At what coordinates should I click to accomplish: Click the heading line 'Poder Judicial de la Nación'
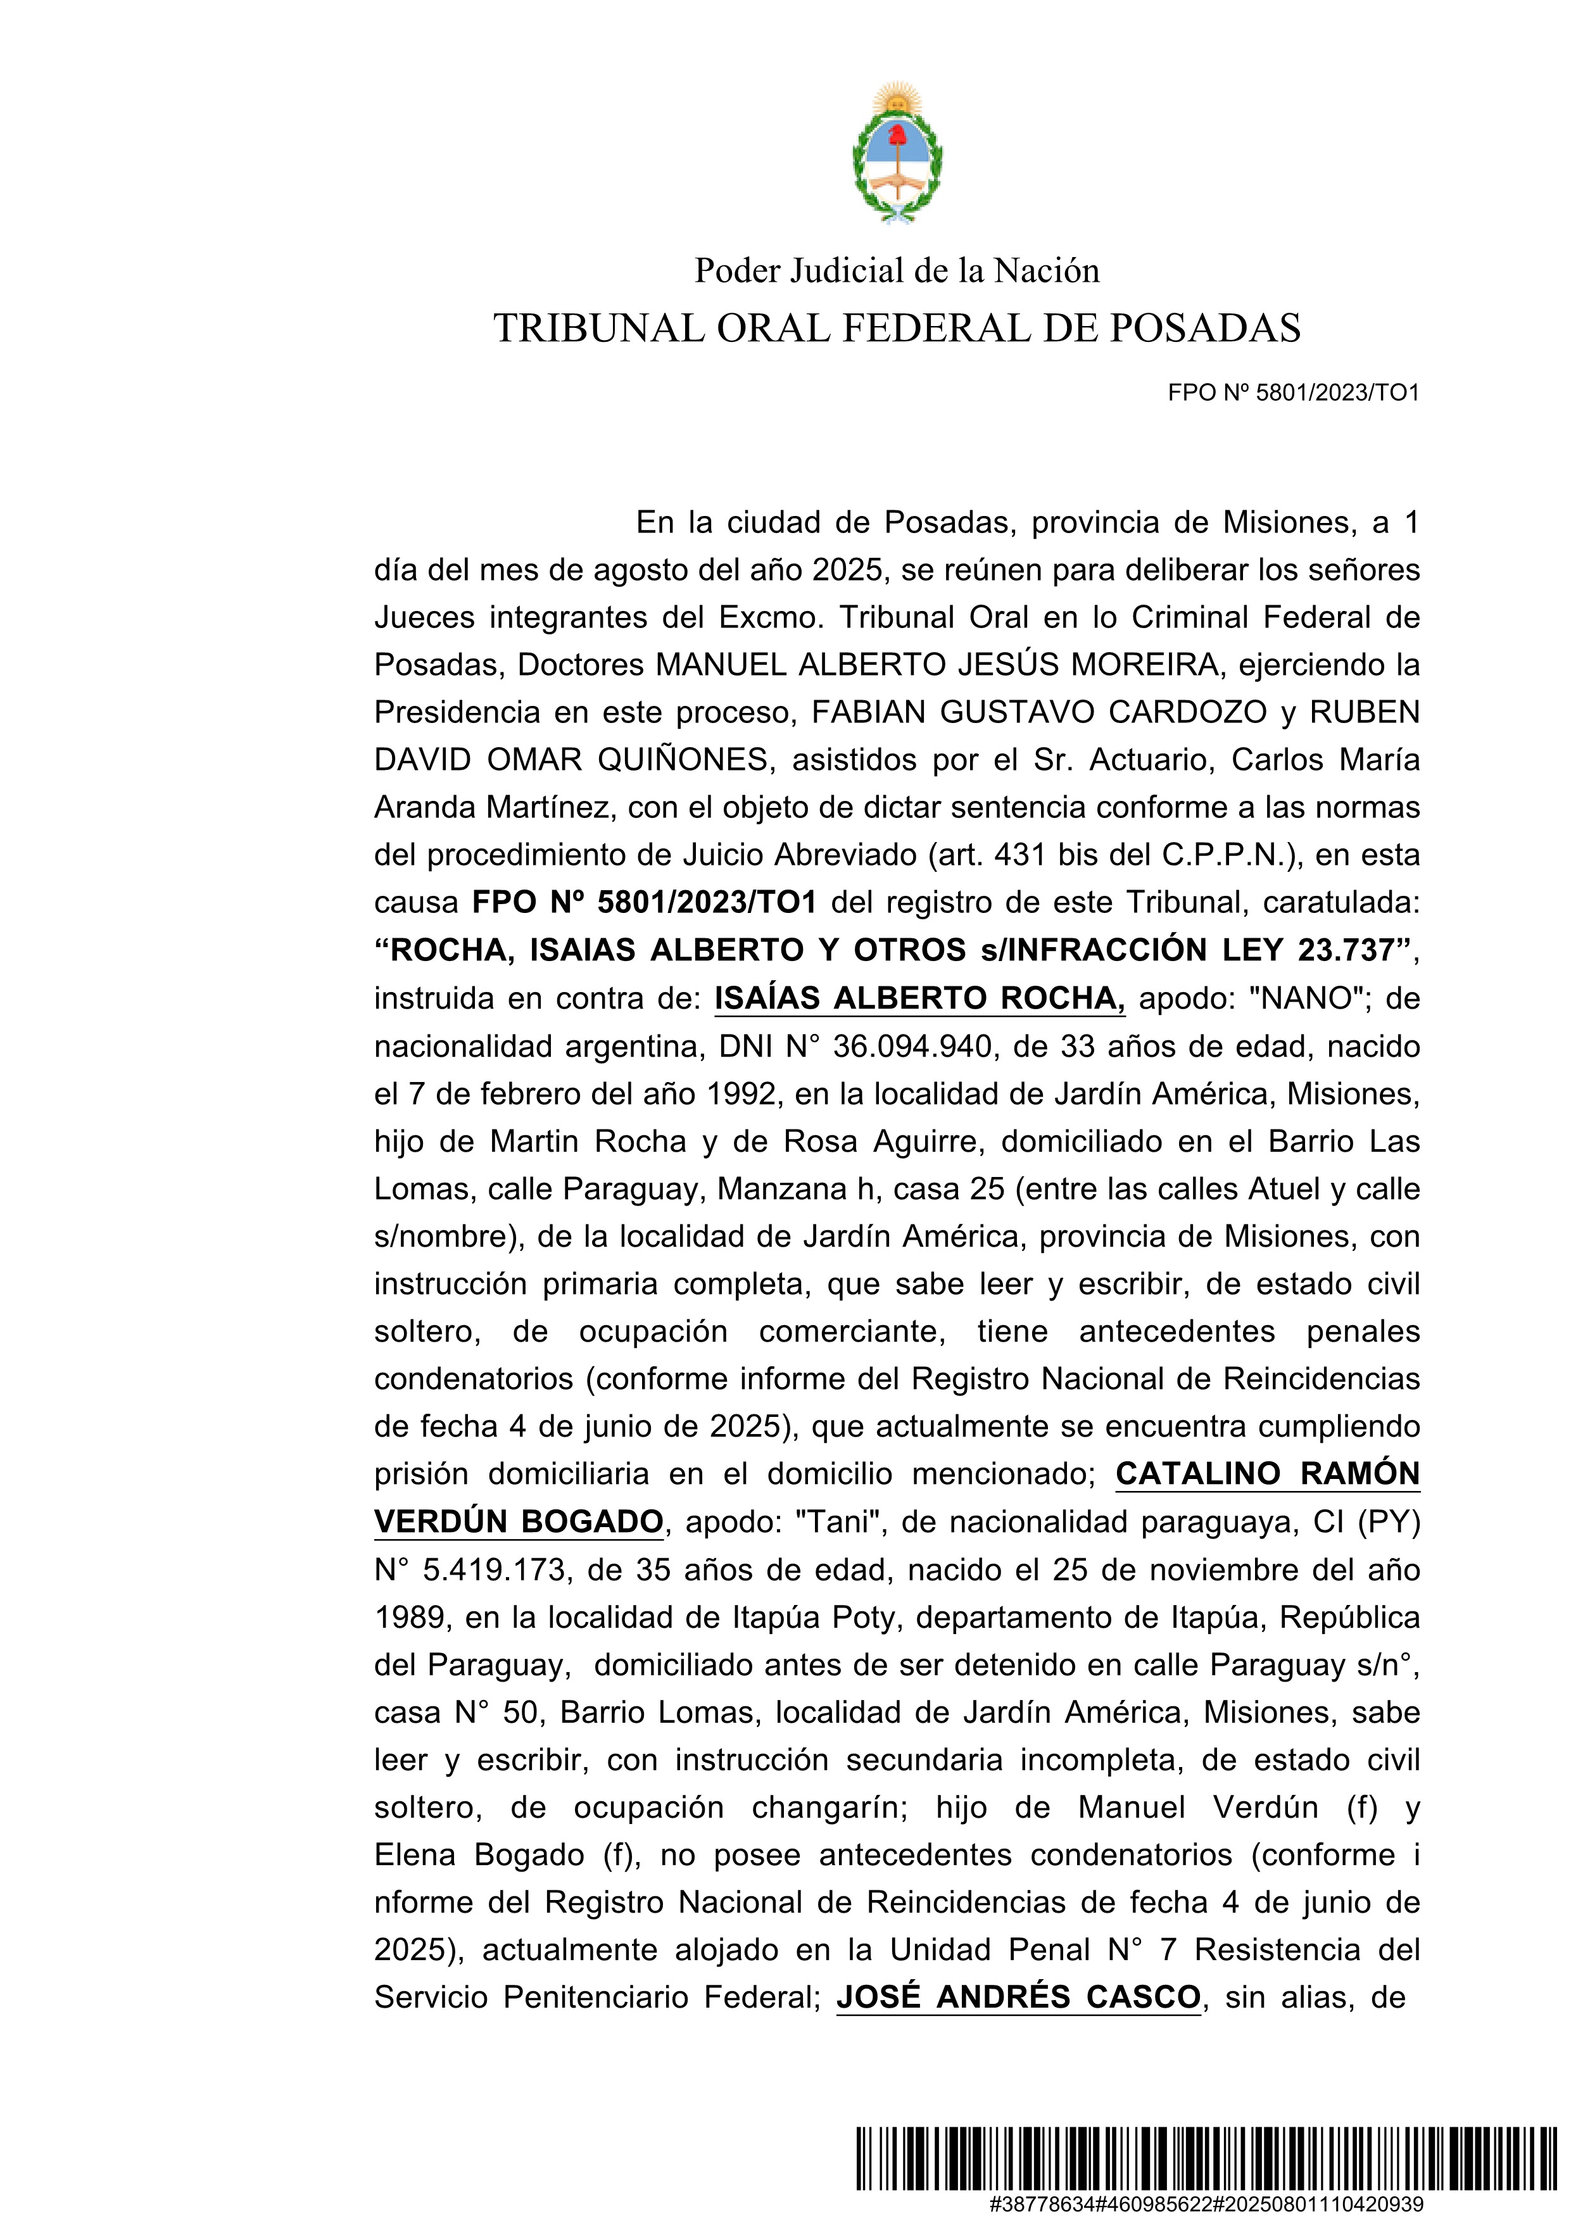(897, 271)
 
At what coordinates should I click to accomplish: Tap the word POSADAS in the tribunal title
(1204, 329)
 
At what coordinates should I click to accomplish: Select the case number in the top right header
(1294, 393)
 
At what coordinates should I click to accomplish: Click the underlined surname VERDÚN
(439, 1521)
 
